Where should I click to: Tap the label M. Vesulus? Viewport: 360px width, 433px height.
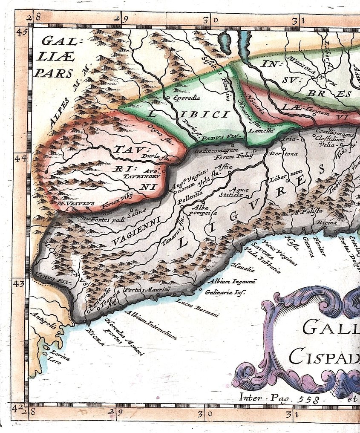[75, 204]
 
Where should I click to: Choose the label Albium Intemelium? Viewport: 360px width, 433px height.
[151, 325]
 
